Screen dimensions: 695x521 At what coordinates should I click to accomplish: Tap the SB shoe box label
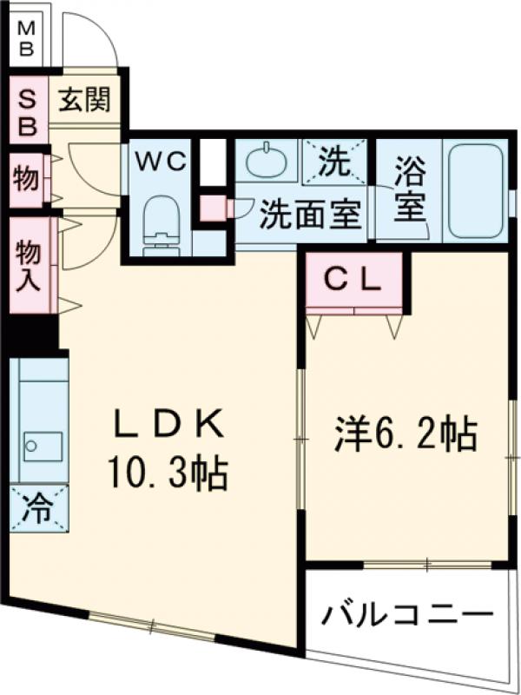[x=28, y=110]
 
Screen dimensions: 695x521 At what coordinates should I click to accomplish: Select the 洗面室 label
[x=310, y=213]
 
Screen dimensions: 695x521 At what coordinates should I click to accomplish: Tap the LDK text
[x=172, y=427]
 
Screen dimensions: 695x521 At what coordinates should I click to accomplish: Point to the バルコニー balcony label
[x=403, y=616]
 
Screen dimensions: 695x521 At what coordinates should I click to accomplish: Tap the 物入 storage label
[x=29, y=266]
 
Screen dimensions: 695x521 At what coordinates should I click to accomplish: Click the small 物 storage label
[x=26, y=181]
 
